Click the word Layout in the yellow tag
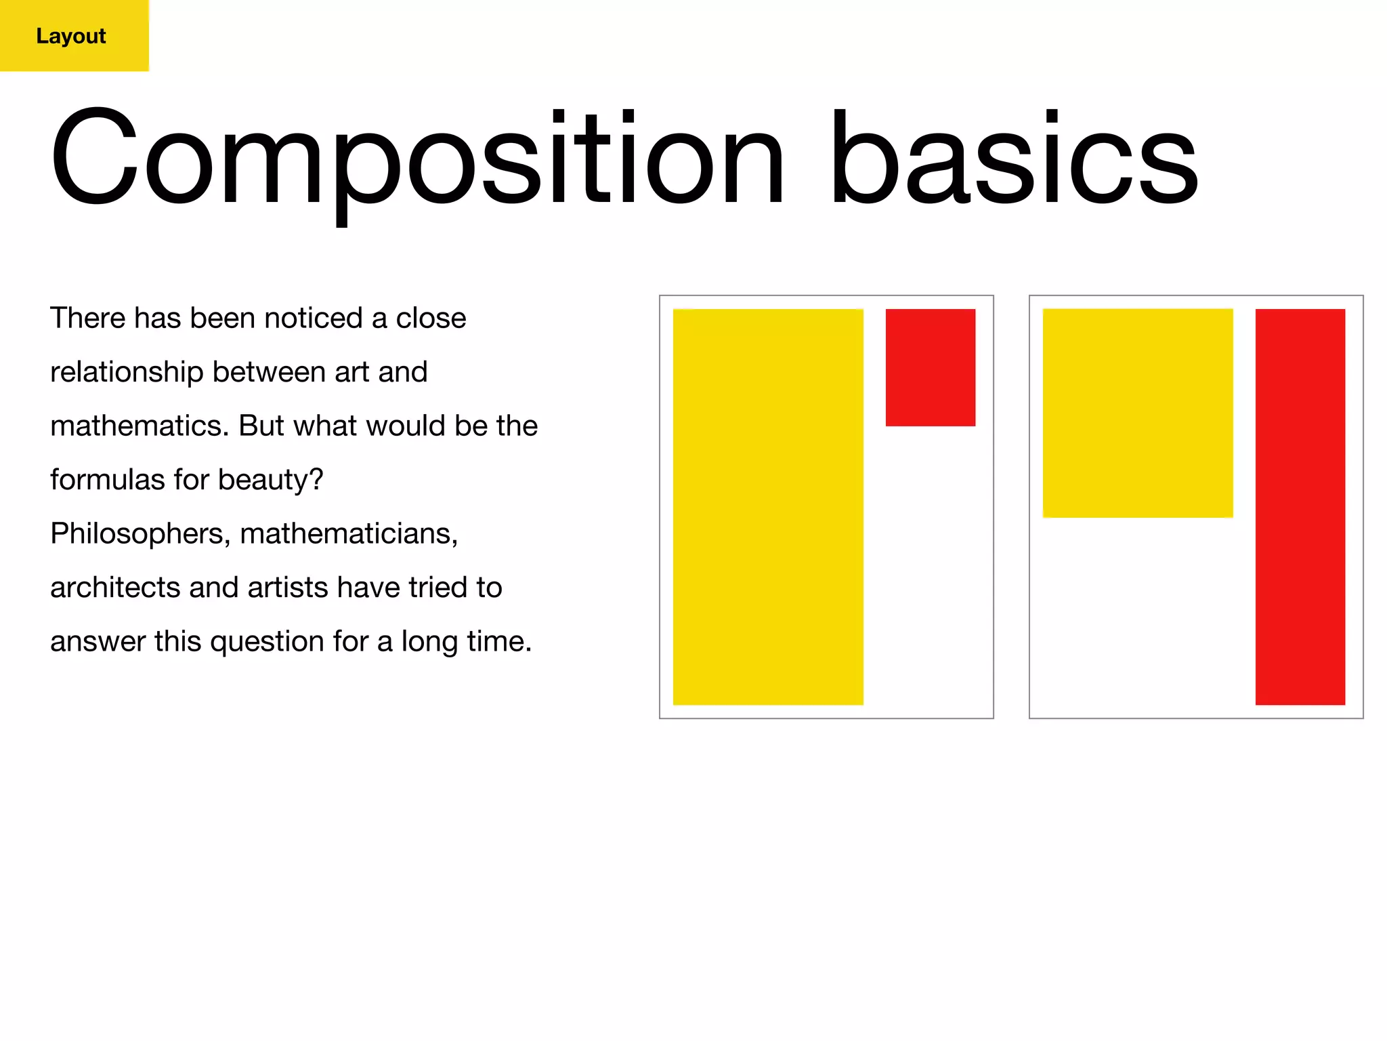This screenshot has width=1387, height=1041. pyautogui.click(x=71, y=36)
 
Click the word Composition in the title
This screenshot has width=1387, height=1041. pyautogui.click(x=417, y=159)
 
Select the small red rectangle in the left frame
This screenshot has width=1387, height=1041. pyautogui.click(x=930, y=367)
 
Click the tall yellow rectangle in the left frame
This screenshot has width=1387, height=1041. pyautogui.click(x=767, y=507)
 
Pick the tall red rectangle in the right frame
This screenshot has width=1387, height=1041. pyautogui.click(x=1300, y=507)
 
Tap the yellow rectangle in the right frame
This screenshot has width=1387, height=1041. pyautogui.click(x=1137, y=413)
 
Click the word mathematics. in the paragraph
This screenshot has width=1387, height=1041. pyautogui.click(x=140, y=426)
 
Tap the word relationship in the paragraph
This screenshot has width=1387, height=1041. pyautogui.click(x=127, y=372)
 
